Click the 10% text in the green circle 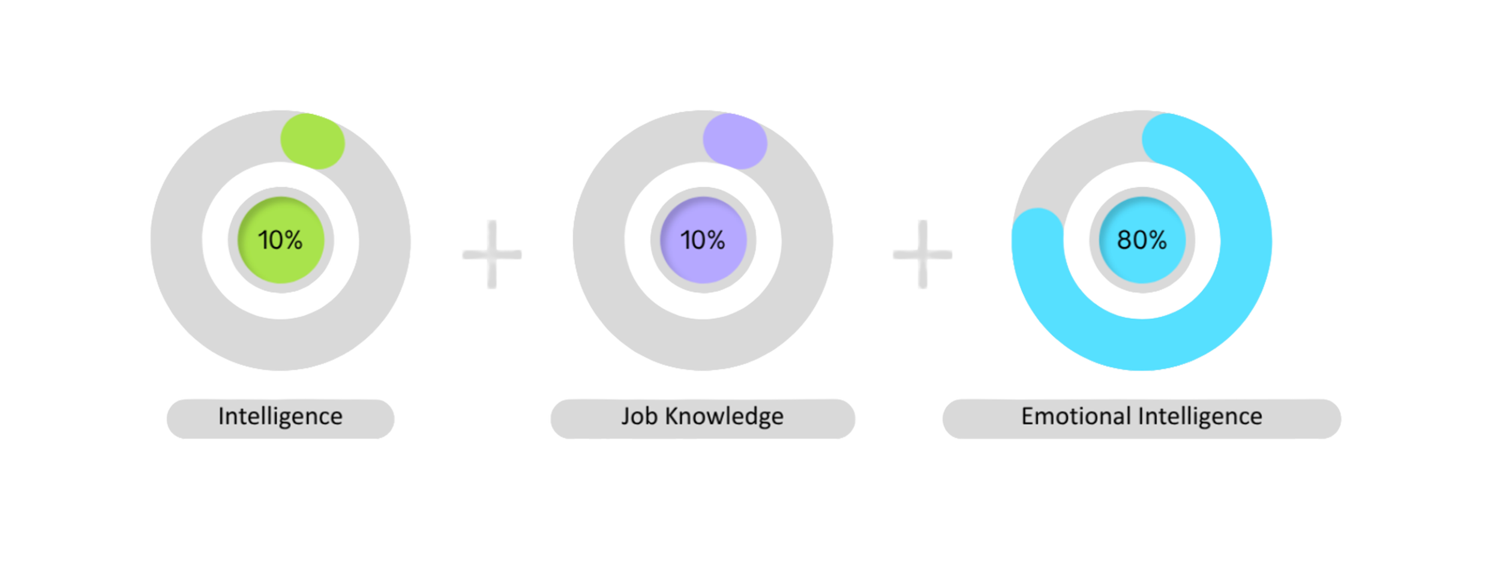pyautogui.click(x=280, y=240)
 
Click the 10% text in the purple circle pyautogui.click(x=703, y=240)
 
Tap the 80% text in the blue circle pyautogui.click(x=1142, y=240)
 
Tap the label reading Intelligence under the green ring pyautogui.click(x=280, y=416)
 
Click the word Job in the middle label pyautogui.click(x=639, y=416)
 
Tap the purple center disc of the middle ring pyautogui.click(x=703, y=264)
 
